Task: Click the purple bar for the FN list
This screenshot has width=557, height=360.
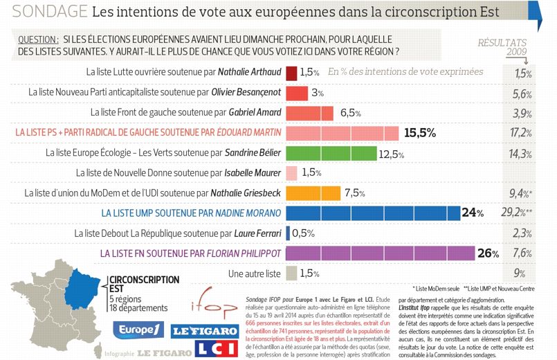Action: point(380,253)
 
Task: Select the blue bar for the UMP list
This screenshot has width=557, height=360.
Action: point(374,213)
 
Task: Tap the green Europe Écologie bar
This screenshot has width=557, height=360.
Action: point(330,152)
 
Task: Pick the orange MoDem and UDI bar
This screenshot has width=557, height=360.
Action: point(313,192)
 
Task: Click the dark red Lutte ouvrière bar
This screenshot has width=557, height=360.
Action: point(291,72)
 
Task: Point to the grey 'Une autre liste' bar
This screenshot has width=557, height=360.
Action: point(291,273)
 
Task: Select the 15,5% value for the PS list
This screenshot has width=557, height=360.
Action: point(419,132)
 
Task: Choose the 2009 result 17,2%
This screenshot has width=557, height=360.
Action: point(520,132)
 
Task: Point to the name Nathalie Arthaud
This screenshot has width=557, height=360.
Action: point(248,72)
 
